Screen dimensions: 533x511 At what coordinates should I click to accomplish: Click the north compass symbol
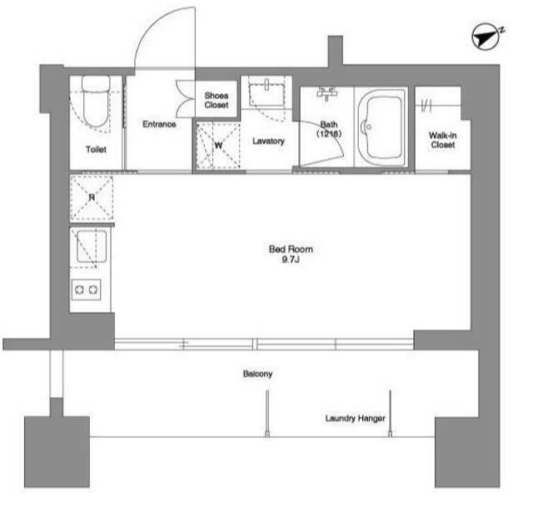click(x=486, y=37)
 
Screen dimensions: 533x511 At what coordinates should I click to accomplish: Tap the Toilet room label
click(x=96, y=149)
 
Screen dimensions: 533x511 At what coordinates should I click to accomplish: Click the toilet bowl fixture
click(x=96, y=101)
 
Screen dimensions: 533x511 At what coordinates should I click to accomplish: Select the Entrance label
click(x=159, y=124)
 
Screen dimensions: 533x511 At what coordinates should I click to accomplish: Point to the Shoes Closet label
click(x=217, y=100)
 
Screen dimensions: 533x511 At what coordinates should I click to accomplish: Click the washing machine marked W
click(x=218, y=146)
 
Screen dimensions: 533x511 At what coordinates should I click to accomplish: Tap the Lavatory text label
click(x=268, y=141)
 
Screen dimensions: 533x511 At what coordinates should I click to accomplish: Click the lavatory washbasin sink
click(x=266, y=94)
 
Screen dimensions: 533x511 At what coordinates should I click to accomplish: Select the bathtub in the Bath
click(x=381, y=128)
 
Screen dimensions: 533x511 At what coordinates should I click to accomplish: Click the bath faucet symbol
click(x=326, y=92)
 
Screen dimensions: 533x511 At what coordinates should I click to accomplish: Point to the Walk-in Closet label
click(x=442, y=140)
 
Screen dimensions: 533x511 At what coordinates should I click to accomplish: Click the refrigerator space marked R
click(x=92, y=198)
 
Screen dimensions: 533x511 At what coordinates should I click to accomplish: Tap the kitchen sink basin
click(x=92, y=246)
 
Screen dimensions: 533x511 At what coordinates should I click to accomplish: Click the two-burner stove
click(x=87, y=290)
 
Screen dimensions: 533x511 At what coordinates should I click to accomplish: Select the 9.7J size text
click(x=291, y=260)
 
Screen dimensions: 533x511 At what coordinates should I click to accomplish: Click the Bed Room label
click(x=291, y=249)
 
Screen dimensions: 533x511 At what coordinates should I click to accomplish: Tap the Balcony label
click(x=257, y=374)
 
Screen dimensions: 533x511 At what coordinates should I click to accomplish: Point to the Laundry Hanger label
click(x=356, y=419)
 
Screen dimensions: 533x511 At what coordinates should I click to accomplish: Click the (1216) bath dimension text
click(x=329, y=133)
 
